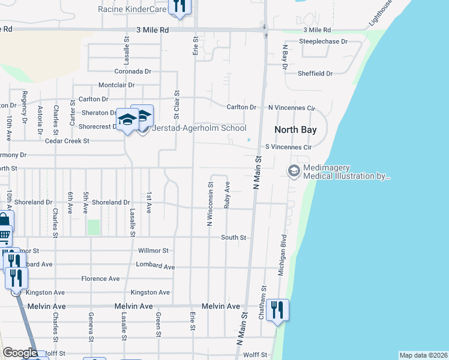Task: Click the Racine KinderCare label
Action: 132,9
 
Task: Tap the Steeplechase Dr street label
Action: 324,42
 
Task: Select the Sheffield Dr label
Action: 315,73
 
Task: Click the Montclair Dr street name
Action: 116,85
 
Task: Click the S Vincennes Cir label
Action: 289,147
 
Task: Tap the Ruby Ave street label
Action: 227,194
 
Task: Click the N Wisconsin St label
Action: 210,203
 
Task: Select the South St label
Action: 234,238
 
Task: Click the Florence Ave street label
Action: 101,278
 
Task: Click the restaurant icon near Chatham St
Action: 277,310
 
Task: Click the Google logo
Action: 20,353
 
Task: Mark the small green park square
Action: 93,227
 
